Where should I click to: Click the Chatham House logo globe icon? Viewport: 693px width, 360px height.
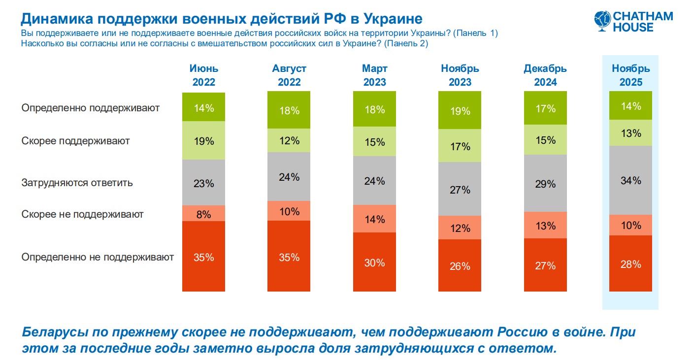[x=602, y=21]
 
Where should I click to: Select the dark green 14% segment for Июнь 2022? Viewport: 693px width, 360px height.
[x=203, y=107]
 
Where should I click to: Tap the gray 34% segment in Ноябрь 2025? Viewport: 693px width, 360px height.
[x=631, y=180]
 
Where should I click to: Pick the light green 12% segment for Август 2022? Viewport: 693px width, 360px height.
[x=289, y=140]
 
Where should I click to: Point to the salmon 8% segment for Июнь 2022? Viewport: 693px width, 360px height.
[x=203, y=214]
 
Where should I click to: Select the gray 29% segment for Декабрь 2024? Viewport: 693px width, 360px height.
[x=545, y=184]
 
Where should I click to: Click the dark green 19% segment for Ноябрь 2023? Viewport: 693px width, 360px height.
[x=460, y=111]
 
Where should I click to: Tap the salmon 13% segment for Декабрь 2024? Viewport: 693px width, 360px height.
[x=545, y=226]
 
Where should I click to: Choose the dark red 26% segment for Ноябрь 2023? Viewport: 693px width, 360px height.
[x=460, y=265]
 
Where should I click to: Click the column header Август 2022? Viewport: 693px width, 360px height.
[x=289, y=75]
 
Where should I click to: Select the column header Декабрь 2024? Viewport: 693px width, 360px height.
[x=545, y=75]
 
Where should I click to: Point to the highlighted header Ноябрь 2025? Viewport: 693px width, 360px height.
[x=631, y=75]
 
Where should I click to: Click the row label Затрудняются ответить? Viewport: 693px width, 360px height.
[x=77, y=183]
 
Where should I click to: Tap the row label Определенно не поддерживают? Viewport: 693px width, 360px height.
[x=98, y=257]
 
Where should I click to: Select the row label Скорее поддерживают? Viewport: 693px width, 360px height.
[x=75, y=141]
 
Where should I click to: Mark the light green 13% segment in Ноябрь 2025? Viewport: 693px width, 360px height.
[x=631, y=133]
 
